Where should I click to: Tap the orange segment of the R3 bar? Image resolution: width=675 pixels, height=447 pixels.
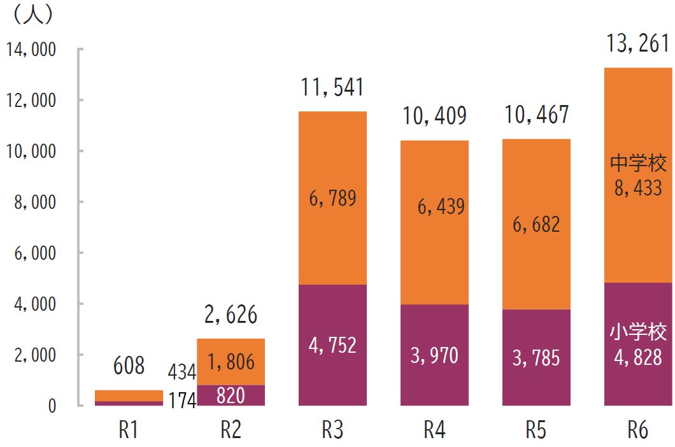click(332, 159)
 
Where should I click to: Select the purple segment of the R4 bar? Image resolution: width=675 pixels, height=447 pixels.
click(434, 382)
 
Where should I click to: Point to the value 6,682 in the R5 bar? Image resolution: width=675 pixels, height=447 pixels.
click(536, 224)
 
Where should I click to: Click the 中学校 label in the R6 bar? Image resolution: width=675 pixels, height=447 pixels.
click(638, 163)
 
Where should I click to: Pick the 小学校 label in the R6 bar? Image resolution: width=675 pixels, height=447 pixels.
click(638, 332)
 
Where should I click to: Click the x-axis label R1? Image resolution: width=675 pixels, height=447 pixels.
click(129, 430)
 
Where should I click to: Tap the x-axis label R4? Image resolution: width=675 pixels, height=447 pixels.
click(434, 430)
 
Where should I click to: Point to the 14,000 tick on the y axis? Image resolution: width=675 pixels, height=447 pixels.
click(31, 50)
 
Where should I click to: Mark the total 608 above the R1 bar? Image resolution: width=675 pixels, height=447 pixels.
click(129, 365)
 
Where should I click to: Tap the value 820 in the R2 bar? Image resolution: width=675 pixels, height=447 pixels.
click(231, 395)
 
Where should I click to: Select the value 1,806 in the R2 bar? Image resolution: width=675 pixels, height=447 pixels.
click(231, 362)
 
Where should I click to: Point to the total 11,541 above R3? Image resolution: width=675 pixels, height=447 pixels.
click(332, 88)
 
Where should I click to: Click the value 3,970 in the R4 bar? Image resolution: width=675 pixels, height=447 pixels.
click(434, 355)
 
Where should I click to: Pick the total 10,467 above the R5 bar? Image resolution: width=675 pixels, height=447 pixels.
click(536, 115)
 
